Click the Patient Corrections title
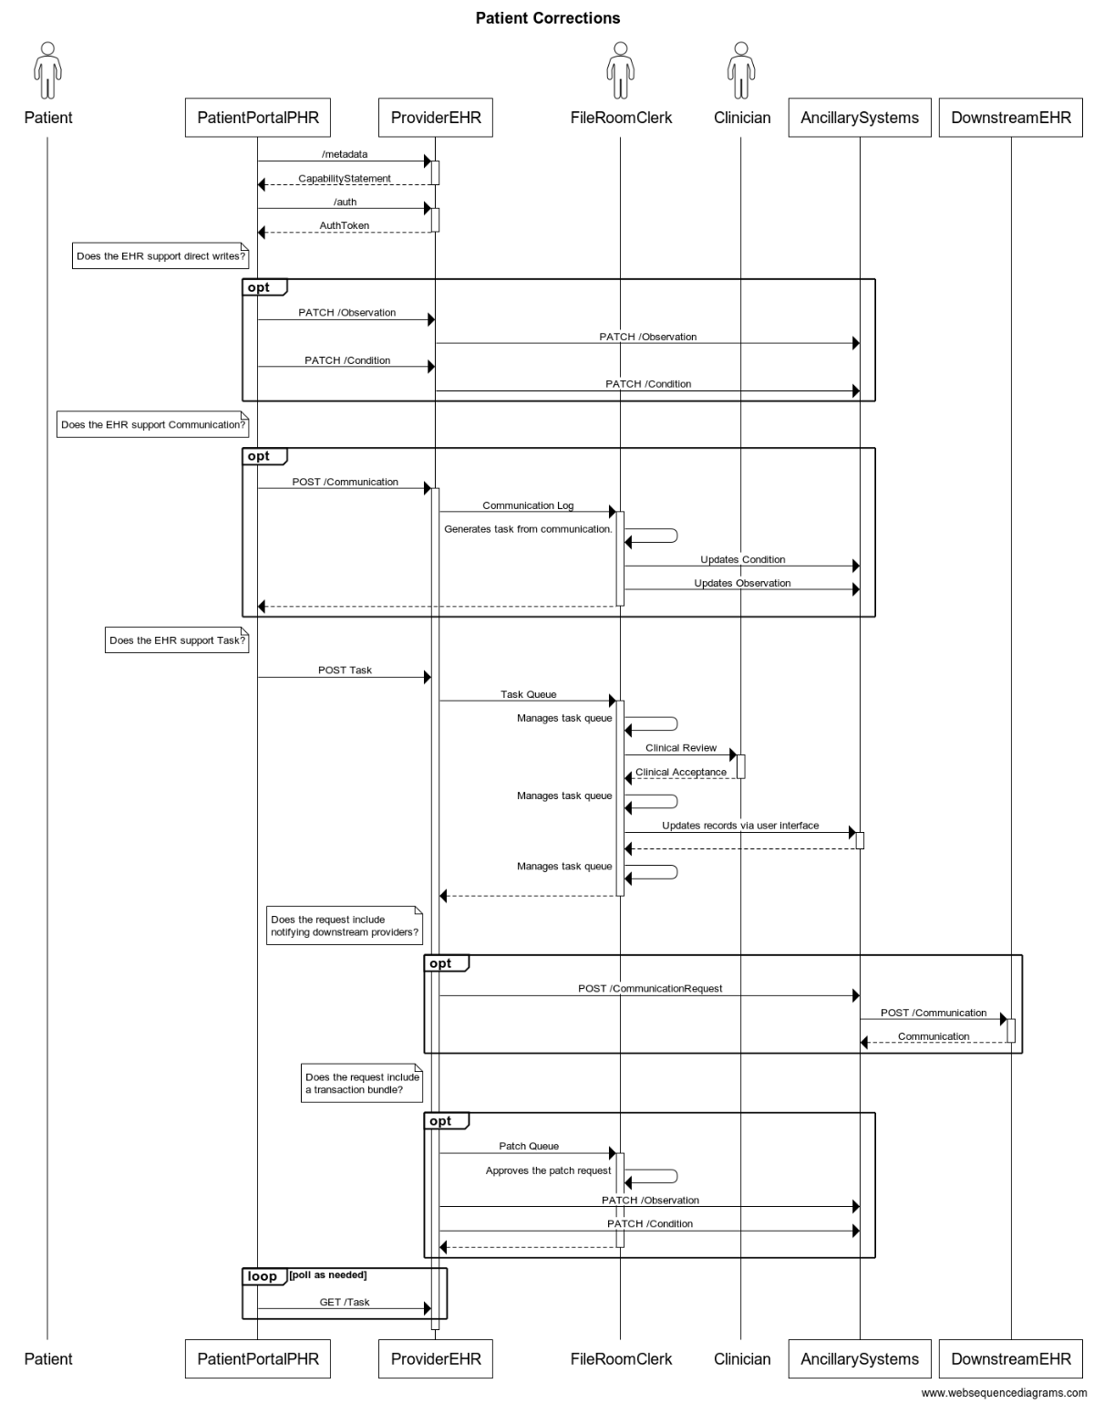click(x=547, y=18)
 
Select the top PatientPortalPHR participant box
click(x=257, y=118)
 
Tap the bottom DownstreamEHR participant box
click(x=1010, y=1358)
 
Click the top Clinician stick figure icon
click(x=741, y=70)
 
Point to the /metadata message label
click(x=345, y=154)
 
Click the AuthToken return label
click(x=344, y=225)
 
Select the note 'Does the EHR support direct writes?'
click(x=160, y=255)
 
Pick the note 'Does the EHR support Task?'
click(x=177, y=640)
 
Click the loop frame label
click(x=262, y=1276)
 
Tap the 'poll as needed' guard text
click(x=328, y=1274)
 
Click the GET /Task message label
click(x=345, y=1302)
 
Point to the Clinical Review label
click(x=681, y=747)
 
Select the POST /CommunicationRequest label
click(x=650, y=989)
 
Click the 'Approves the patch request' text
click(x=548, y=1170)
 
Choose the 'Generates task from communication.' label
click(x=528, y=528)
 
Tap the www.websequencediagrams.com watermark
click(x=1004, y=1392)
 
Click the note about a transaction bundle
click(x=361, y=1084)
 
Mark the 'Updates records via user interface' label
click(x=740, y=825)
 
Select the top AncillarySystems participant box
click(x=860, y=118)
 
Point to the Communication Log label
click(x=528, y=505)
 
